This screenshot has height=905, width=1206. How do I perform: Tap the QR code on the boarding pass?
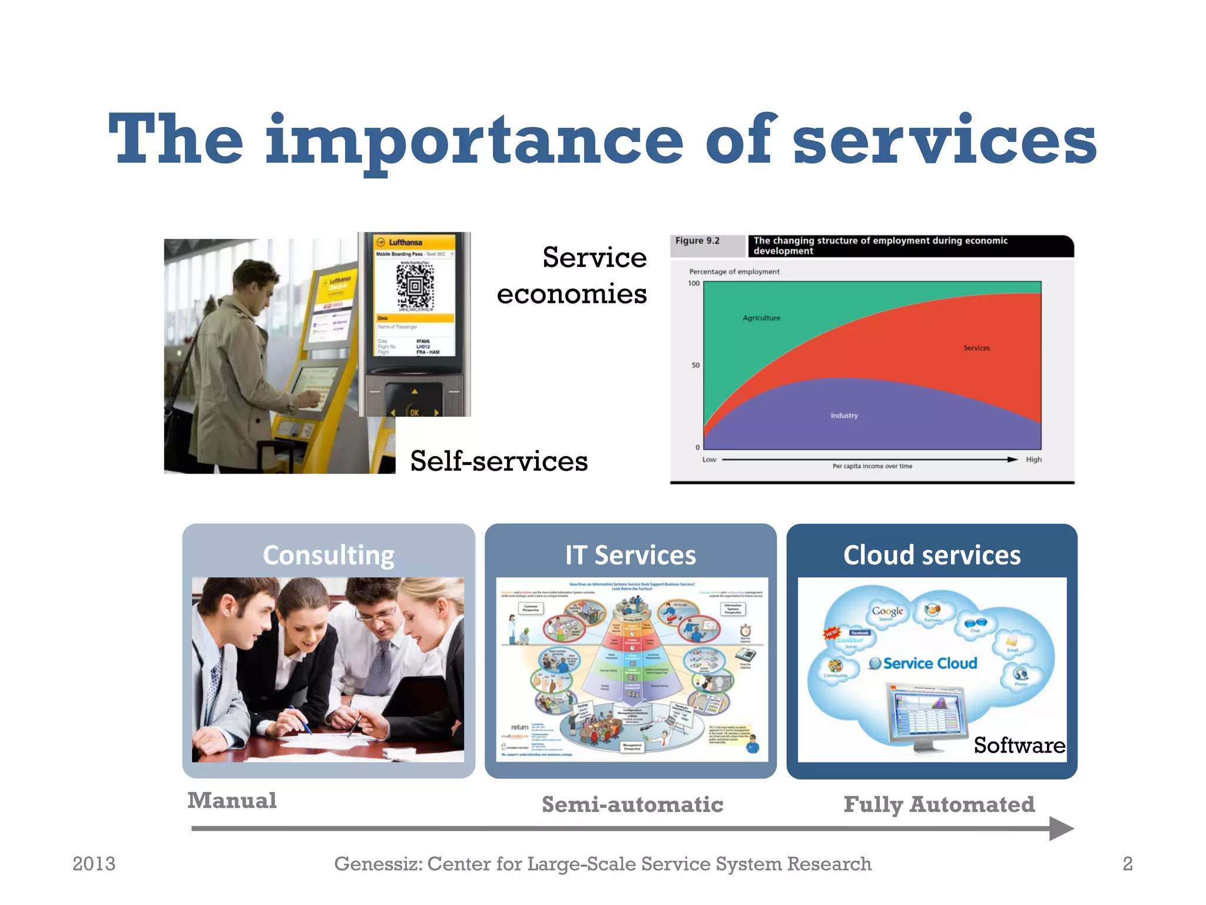[x=415, y=286]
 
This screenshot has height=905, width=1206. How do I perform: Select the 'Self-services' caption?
[x=499, y=461]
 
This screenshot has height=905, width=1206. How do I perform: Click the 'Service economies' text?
[x=572, y=275]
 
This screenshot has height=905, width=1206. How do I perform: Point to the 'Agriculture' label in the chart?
[x=761, y=318]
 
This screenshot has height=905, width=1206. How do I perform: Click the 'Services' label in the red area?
[x=976, y=348]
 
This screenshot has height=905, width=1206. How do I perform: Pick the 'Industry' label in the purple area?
[x=844, y=415]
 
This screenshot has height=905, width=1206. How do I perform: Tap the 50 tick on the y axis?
[x=695, y=365]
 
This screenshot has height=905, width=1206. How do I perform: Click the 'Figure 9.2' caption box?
[x=698, y=241]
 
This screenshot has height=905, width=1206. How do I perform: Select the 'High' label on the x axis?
[x=1033, y=460]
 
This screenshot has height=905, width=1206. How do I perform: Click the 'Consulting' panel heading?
[x=329, y=555]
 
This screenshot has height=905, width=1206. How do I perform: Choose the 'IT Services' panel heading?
[x=630, y=555]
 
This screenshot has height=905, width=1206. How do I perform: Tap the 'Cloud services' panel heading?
[x=932, y=555]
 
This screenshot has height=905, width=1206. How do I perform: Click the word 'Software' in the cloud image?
[x=1019, y=745]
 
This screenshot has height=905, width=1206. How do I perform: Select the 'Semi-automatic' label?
[x=632, y=804]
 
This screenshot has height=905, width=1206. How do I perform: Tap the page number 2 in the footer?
[x=1127, y=864]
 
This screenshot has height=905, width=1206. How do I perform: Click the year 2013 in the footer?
[x=94, y=864]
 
